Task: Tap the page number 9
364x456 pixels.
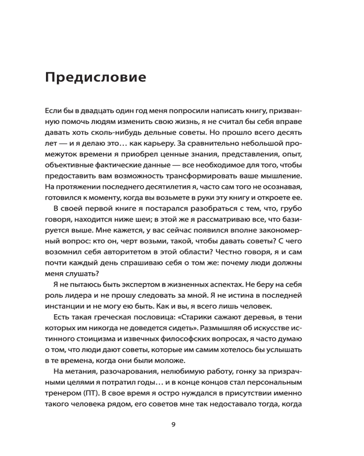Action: click(x=173, y=425)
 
